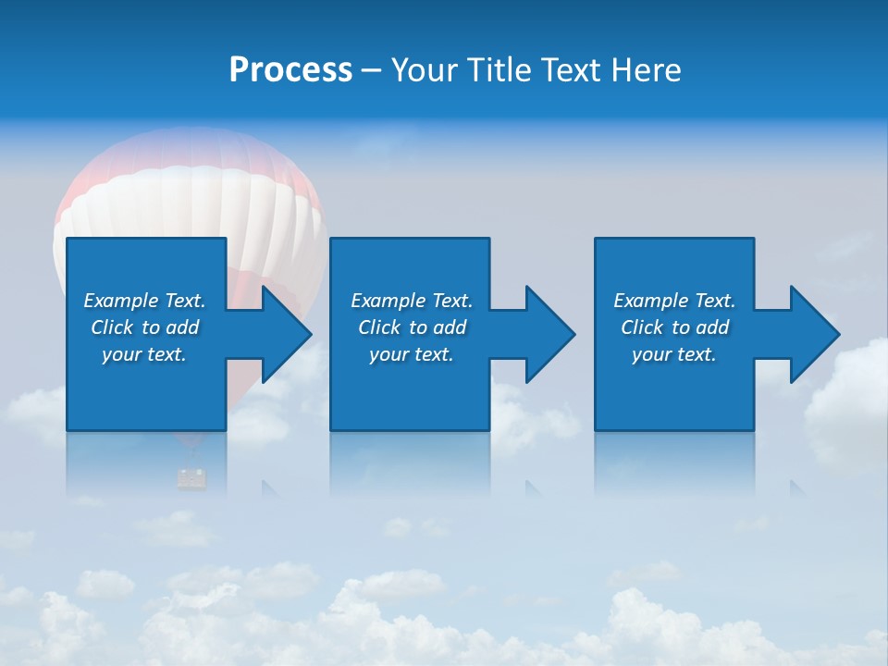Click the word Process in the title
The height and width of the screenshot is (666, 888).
290,70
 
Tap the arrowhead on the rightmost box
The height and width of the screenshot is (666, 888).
813,334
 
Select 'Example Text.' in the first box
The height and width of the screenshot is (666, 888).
144,301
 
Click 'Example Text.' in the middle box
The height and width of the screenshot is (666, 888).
412,301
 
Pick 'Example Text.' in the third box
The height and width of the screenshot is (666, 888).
674,301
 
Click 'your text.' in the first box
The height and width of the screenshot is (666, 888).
144,354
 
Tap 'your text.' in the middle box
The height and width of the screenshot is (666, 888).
412,354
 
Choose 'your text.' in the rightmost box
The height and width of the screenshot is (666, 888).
674,354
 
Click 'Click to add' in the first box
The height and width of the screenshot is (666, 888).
144,327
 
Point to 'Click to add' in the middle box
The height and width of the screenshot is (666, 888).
412,327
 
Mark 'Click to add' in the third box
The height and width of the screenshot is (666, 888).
674,327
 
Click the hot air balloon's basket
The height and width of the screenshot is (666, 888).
191,478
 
